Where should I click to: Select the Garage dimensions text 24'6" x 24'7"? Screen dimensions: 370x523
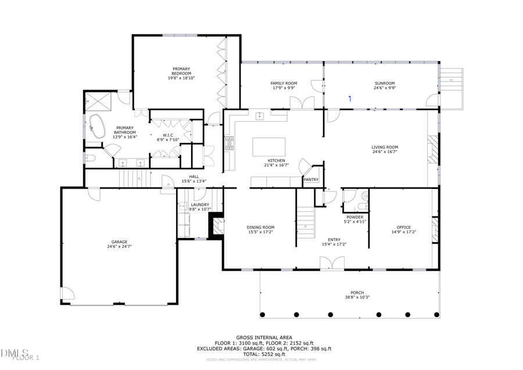point(120,247)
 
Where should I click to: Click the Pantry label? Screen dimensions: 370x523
point(311,180)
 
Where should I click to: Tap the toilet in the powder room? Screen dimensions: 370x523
point(362,207)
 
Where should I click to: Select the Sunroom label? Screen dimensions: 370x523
point(384,83)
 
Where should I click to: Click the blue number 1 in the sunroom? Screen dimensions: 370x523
point(350,99)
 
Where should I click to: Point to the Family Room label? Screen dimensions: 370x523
point(284,83)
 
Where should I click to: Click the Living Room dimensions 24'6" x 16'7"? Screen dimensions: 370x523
point(384,152)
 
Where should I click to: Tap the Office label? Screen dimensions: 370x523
point(403,227)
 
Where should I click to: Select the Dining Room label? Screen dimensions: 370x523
point(260,227)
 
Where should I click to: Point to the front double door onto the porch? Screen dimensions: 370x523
point(328,263)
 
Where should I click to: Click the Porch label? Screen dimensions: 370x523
point(357,293)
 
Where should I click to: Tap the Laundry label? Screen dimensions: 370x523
point(199,205)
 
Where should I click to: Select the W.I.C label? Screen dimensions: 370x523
point(169,135)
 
